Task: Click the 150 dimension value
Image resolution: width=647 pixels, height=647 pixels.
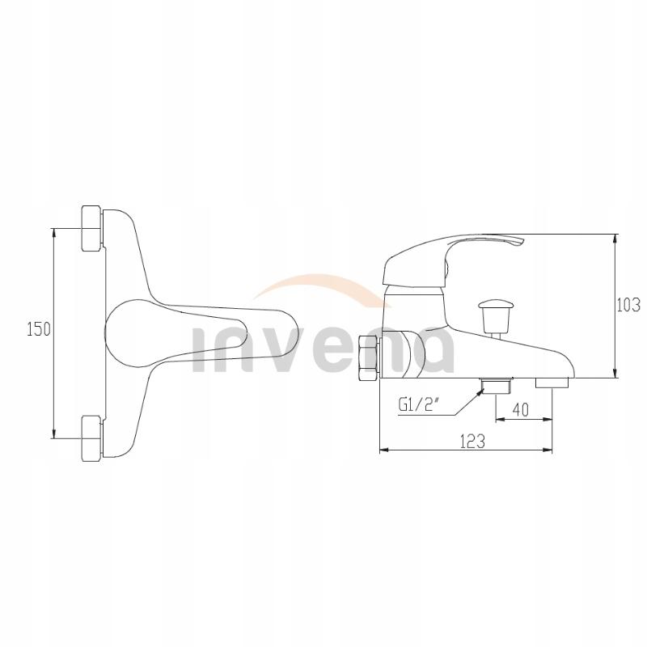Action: pyautogui.click(x=39, y=329)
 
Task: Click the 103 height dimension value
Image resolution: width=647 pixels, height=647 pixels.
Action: pyautogui.click(x=628, y=305)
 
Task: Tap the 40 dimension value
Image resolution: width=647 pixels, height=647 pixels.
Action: pyautogui.click(x=521, y=410)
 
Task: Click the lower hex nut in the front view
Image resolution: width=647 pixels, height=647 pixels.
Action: pyautogui.click(x=91, y=438)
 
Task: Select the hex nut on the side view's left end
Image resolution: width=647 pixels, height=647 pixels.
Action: pyautogui.click(x=369, y=356)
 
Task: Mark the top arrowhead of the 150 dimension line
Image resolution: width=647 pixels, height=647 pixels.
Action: pyautogui.click(x=54, y=231)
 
